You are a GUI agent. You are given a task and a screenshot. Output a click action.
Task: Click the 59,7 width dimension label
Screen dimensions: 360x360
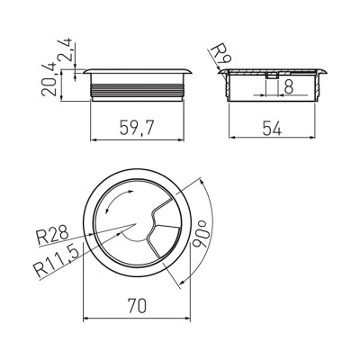(137, 128)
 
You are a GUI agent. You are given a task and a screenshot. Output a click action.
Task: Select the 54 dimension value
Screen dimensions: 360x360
(272, 128)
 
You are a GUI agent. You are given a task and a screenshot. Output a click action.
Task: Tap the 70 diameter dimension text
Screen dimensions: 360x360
(137, 306)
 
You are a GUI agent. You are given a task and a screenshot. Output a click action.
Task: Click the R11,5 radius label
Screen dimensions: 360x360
(57, 261)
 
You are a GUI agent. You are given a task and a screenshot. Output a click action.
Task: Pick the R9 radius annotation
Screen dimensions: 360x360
(220, 56)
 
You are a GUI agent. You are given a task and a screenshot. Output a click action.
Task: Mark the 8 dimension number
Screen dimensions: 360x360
(288, 87)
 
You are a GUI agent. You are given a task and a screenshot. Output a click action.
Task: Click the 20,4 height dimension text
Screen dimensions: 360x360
(49, 79)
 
